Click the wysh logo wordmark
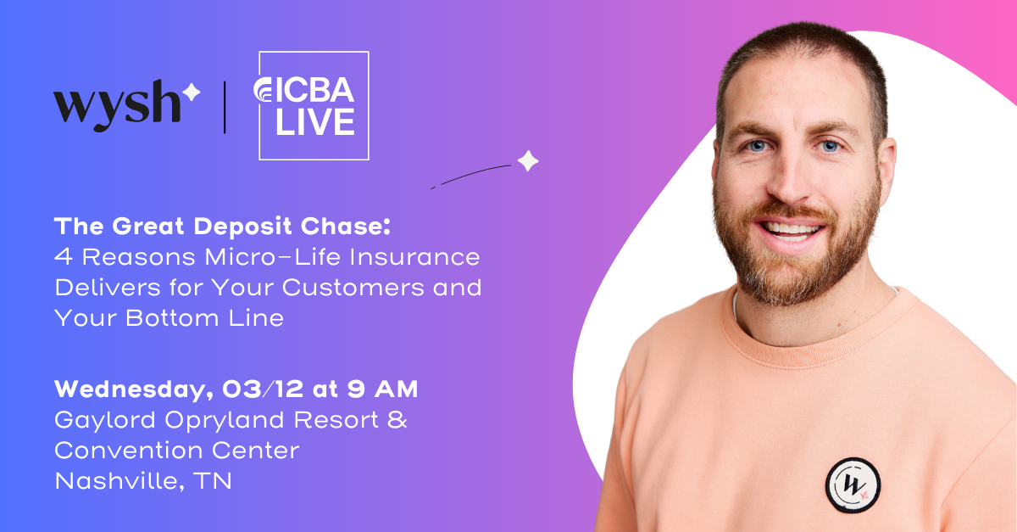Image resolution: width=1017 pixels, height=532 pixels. coord(117,106)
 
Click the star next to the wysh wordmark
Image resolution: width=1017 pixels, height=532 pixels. coord(192,92)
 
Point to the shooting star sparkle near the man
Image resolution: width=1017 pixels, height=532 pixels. coord(528,161)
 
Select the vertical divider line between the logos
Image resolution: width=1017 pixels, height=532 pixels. coord(225,107)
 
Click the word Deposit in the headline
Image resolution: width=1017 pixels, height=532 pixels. coord(242,227)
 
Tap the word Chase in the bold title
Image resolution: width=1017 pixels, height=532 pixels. coord(346,226)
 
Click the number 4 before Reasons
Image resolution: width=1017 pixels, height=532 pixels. coord(63,257)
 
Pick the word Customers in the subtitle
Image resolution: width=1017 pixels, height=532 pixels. coord(353,288)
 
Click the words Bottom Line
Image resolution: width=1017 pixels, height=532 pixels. coord(205,318)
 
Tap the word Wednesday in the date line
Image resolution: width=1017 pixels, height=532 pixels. coord(134,390)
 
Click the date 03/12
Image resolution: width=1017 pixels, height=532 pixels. coord(263,389)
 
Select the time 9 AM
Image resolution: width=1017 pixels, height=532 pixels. coord(382,389)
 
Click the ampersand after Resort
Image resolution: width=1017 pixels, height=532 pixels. coord(397,419)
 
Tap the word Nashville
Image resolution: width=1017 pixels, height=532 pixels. coord(119,481)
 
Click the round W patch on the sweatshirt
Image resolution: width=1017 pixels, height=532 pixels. coord(853,485)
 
